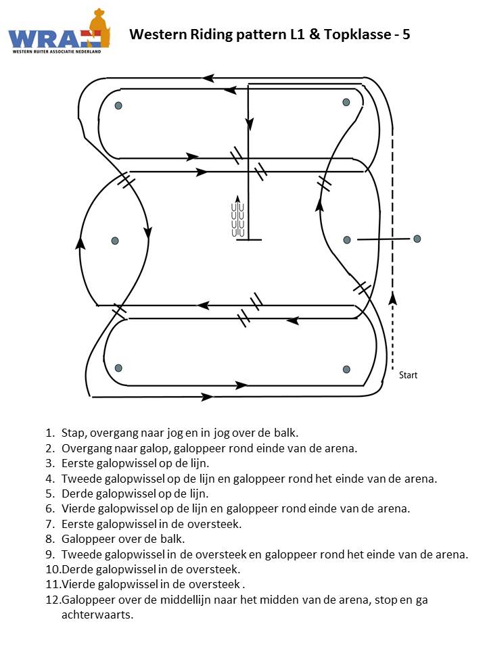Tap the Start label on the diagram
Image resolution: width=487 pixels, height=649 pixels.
click(x=408, y=375)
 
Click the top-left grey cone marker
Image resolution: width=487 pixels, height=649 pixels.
click(x=118, y=105)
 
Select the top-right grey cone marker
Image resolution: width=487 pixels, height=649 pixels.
click(x=346, y=102)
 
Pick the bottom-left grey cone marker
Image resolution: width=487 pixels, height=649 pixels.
click(x=118, y=368)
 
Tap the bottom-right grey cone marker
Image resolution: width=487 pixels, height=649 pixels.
click(x=347, y=369)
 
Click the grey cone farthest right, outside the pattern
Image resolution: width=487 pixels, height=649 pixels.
click(x=417, y=239)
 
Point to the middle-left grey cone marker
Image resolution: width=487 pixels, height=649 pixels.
click(x=115, y=241)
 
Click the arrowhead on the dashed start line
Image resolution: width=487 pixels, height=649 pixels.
click(x=394, y=297)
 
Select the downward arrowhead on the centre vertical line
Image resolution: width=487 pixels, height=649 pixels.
click(x=250, y=124)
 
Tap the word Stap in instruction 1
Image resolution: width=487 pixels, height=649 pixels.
click(x=72, y=432)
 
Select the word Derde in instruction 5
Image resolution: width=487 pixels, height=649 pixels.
click(x=76, y=494)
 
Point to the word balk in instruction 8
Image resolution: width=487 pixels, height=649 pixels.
click(x=173, y=539)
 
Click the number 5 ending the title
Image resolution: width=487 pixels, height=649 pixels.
click(x=406, y=34)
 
